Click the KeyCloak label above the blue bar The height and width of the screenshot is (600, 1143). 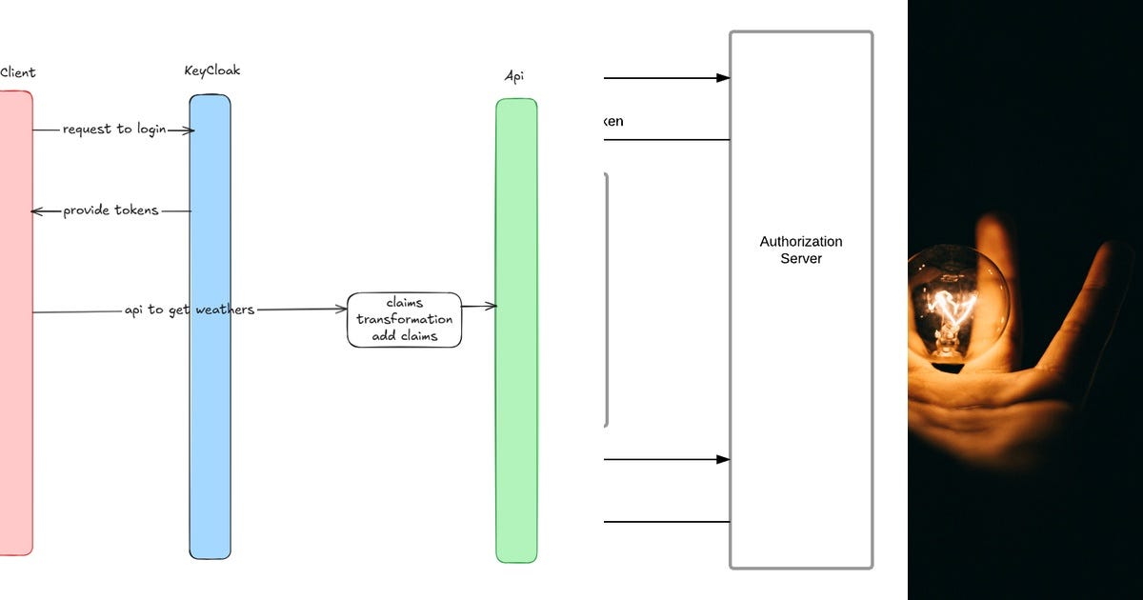tap(211, 71)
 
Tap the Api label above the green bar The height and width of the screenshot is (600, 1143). tap(515, 76)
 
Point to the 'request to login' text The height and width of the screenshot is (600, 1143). tap(113, 129)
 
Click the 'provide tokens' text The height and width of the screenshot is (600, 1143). tap(110, 210)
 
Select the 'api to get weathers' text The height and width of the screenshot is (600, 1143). tap(189, 310)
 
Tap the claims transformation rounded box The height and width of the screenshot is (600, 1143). tap(404, 319)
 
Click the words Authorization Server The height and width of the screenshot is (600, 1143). tap(800, 250)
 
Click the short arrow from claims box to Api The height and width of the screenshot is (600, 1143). tap(479, 306)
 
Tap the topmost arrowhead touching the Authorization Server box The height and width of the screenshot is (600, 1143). tap(723, 78)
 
